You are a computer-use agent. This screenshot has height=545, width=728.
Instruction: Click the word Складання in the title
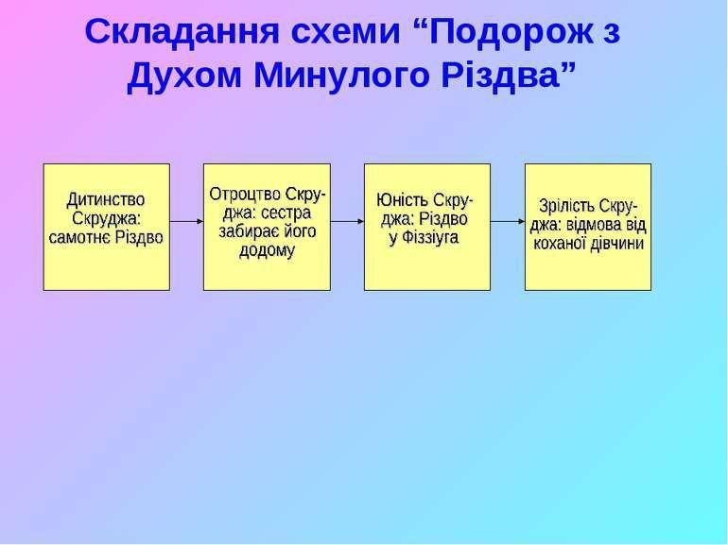pyautogui.click(x=182, y=31)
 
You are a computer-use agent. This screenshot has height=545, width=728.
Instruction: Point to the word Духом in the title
pyautogui.click(x=184, y=76)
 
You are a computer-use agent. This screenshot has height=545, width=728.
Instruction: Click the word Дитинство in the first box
pyautogui.click(x=105, y=200)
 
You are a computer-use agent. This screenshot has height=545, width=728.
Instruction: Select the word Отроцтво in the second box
pyautogui.click(x=245, y=195)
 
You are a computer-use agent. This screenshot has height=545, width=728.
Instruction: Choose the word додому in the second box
pyautogui.click(x=267, y=251)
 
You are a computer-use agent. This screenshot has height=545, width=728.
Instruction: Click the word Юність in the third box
pyautogui.click(x=402, y=200)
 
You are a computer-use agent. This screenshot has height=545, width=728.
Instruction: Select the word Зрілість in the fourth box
pyautogui.click(x=566, y=207)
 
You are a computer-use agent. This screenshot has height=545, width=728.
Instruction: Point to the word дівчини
pyautogui.click(x=616, y=244)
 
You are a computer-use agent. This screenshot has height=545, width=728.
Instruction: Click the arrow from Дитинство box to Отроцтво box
pyautogui.click(x=186, y=222)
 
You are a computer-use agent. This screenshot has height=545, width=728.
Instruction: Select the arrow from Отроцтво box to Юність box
pyautogui.click(x=347, y=222)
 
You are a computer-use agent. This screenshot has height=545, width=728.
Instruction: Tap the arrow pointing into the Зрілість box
pyautogui.click(x=508, y=222)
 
